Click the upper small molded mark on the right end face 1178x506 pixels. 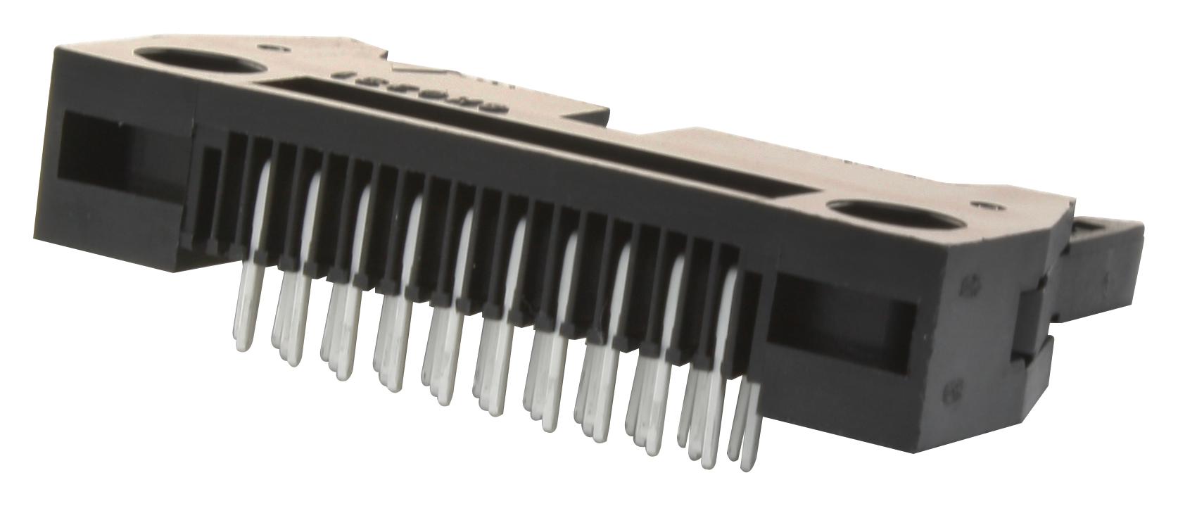[x=967, y=288]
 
